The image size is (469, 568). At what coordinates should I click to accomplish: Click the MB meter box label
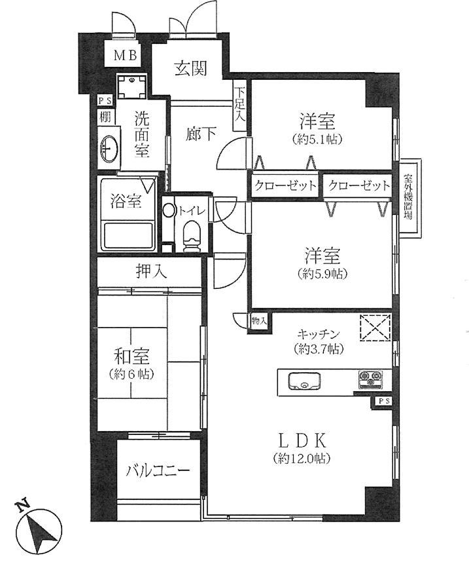[126, 55]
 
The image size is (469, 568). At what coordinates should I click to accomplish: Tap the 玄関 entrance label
[191, 67]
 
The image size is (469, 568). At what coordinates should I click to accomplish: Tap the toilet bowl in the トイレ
[191, 234]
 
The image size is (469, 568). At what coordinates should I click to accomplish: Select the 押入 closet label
[150, 269]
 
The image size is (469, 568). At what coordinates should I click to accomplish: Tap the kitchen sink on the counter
[303, 381]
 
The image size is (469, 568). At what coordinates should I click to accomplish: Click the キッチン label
[319, 333]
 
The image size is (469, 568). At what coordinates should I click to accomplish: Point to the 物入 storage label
[259, 321]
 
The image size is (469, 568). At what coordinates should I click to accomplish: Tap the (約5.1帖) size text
[318, 138]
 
